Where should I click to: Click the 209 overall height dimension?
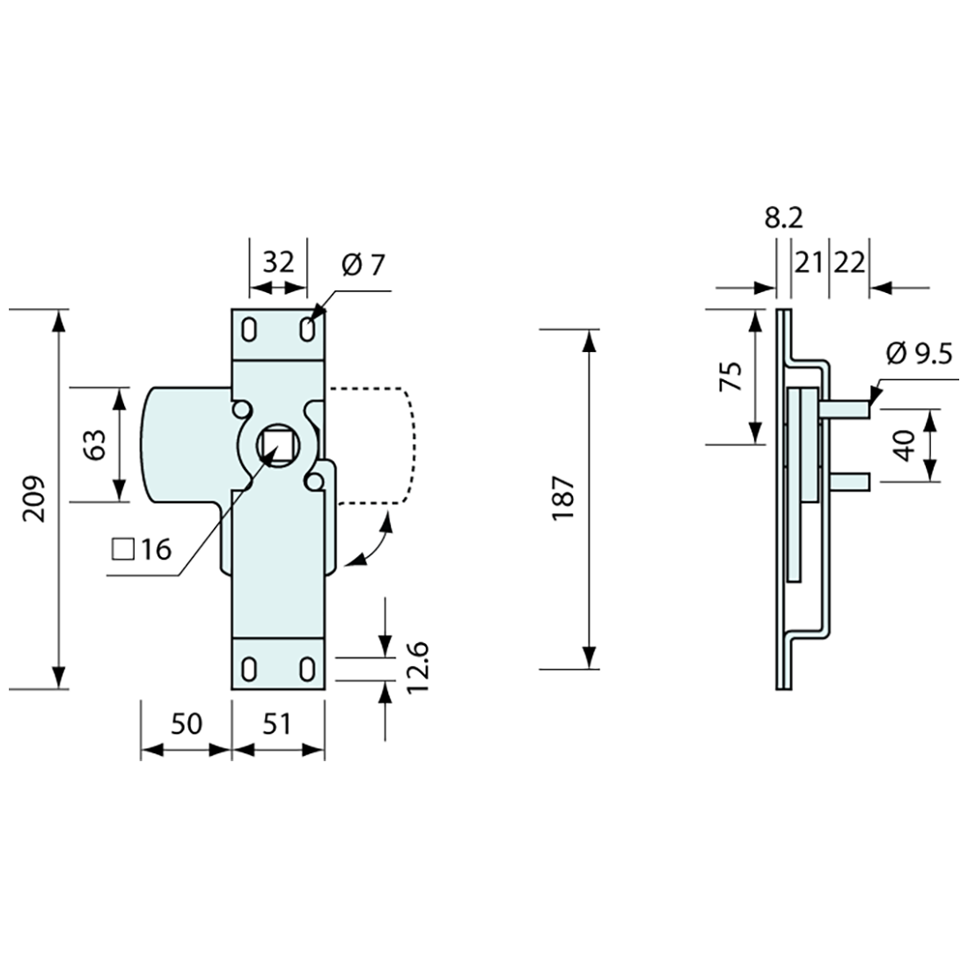pyautogui.click(x=35, y=499)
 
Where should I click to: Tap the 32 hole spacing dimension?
pyautogui.click(x=278, y=263)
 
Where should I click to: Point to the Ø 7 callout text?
pyautogui.click(x=363, y=266)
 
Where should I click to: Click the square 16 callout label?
pyautogui.click(x=142, y=549)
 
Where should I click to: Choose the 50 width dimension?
pyautogui.click(x=186, y=723)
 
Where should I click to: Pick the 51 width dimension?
pyautogui.click(x=276, y=723)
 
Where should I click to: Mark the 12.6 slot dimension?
pyautogui.click(x=418, y=667)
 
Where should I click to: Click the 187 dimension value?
pyautogui.click(x=563, y=499)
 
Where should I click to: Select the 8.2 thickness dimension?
pyautogui.click(x=784, y=218)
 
